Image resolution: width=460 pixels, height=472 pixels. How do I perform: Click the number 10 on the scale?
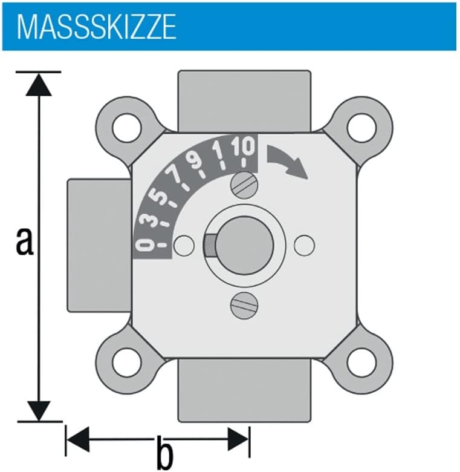244,146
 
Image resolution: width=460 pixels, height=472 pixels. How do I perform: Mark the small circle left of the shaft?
184,244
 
